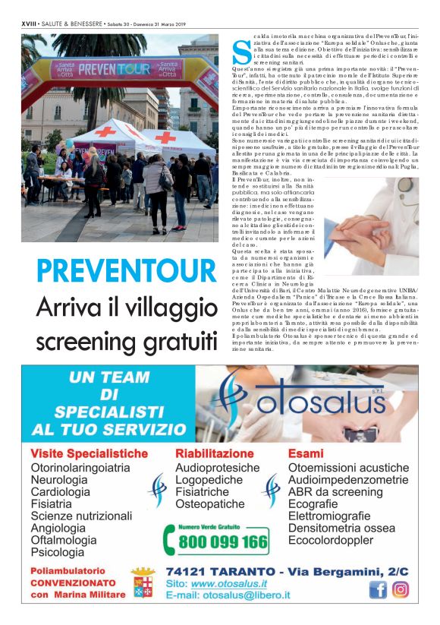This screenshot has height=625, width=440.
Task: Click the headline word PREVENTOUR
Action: [x=125, y=270]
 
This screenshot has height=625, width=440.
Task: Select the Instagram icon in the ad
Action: [x=401, y=589]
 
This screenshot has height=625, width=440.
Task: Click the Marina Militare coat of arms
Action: [x=143, y=582]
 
